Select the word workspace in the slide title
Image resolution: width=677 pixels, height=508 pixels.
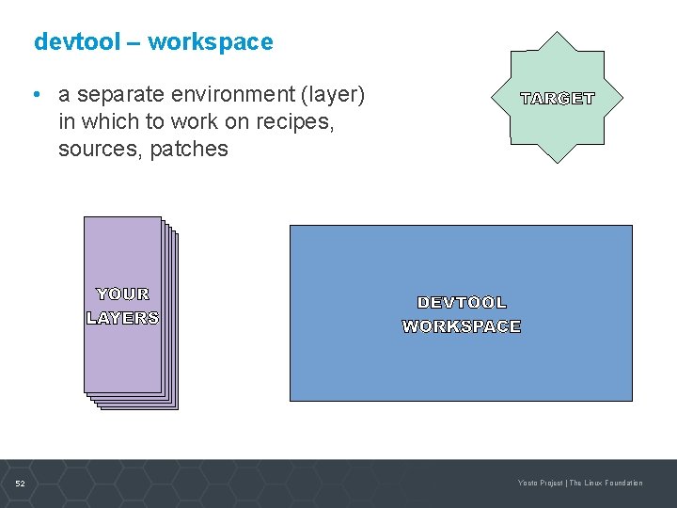211,42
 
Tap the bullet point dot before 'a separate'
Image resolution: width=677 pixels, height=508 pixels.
34,95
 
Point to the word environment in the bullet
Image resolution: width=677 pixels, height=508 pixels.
236,95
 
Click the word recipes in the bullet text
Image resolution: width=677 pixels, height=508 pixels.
297,121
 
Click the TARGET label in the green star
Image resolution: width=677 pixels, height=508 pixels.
558,99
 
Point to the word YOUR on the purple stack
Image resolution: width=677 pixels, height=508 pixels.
123,294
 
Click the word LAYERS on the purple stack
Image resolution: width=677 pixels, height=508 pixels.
123,318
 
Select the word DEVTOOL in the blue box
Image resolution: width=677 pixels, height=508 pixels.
462,303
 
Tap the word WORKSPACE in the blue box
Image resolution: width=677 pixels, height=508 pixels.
462,326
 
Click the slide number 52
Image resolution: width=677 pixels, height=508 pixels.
21,484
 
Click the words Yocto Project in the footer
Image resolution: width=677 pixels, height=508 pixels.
541,484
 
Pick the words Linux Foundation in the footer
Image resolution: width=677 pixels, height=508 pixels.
614,484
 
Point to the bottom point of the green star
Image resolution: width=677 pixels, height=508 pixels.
558,163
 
